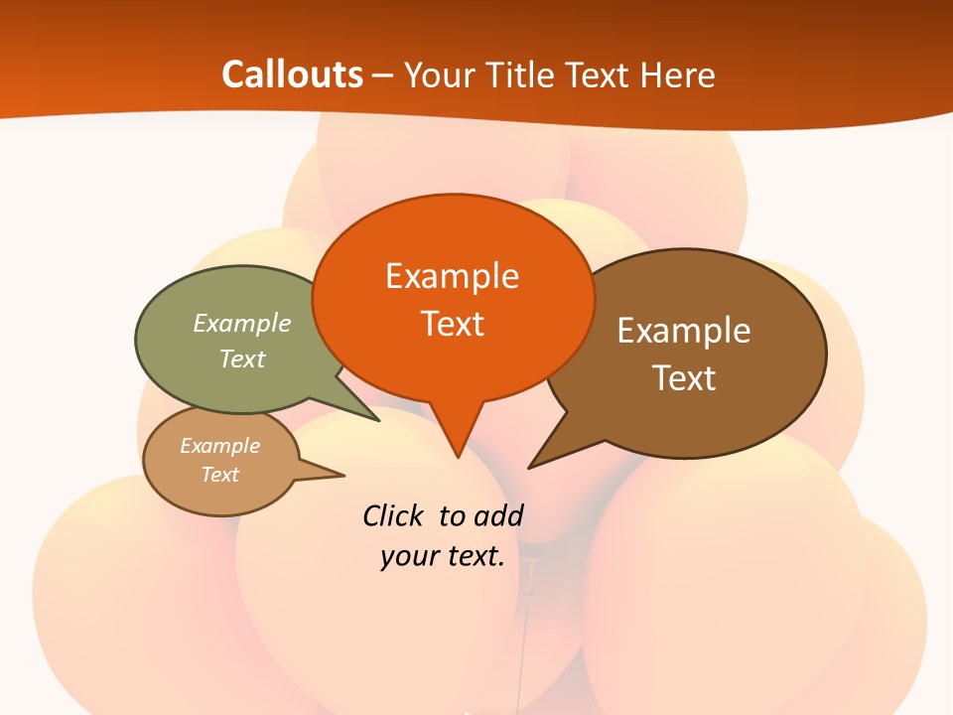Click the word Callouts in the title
coord(292,74)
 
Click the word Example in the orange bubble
coord(452,276)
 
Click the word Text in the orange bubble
coord(452,324)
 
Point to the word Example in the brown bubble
coord(684,331)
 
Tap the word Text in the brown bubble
coord(684,378)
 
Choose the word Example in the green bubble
coord(242,324)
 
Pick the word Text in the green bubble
coord(242,358)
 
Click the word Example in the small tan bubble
coord(219,446)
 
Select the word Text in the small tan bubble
coord(219,475)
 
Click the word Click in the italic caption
coord(394,515)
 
